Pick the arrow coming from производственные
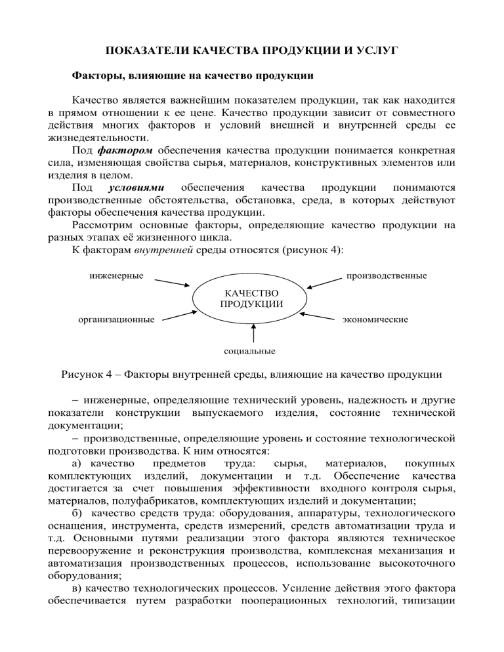325,282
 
